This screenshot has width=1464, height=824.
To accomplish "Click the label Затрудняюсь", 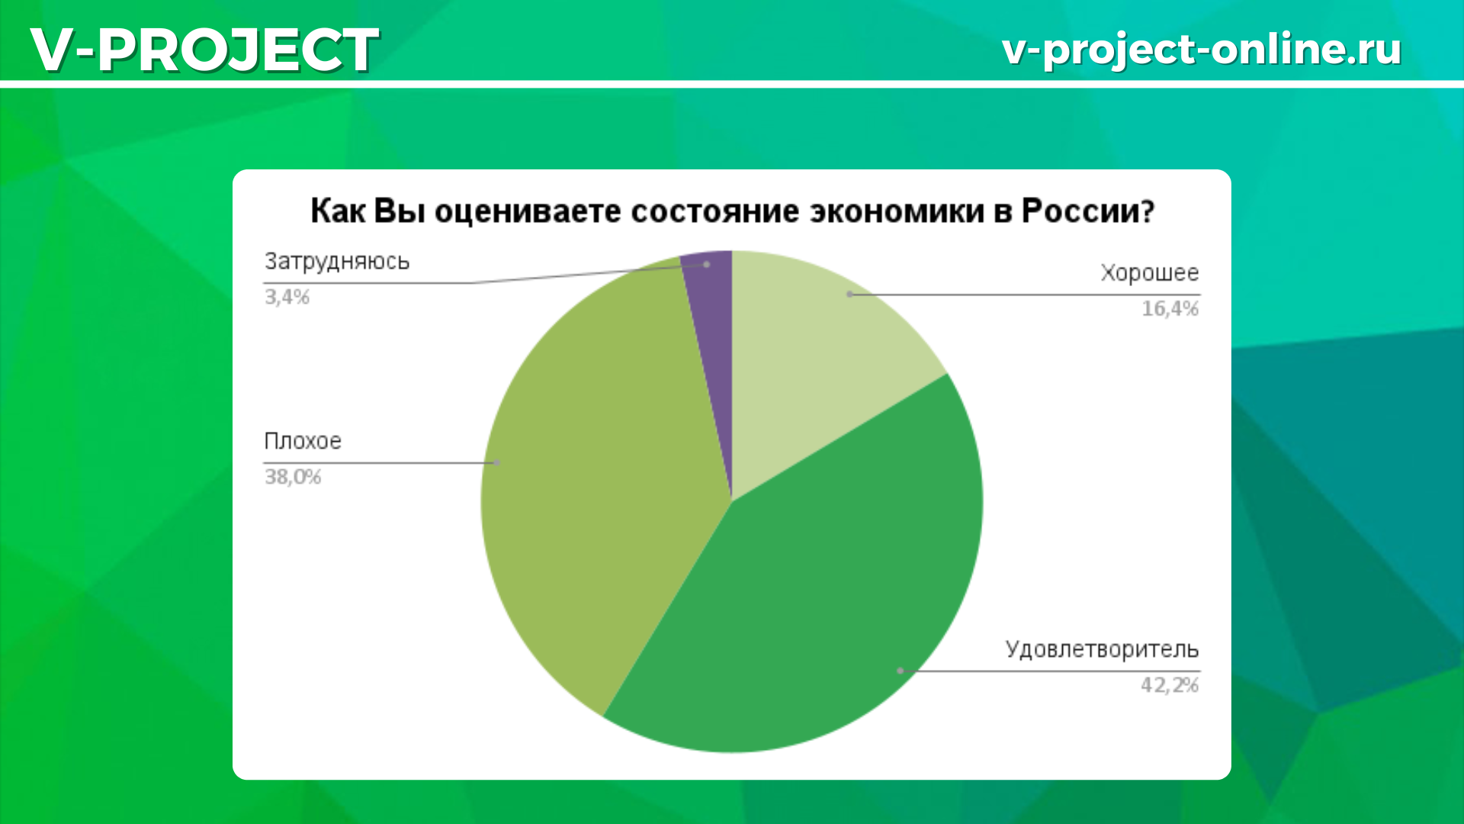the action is [337, 262].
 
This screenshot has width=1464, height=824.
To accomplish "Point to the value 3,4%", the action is [287, 297].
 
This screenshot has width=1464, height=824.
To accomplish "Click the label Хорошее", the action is [1149, 273].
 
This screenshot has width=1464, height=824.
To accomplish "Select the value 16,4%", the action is [1170, 308].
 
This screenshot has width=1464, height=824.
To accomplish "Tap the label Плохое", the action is [303, 441].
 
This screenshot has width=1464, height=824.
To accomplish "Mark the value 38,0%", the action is [293, 477].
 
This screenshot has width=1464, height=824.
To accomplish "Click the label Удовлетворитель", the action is [1102, 650].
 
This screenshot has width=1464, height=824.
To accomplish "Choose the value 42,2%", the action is [1170, 685].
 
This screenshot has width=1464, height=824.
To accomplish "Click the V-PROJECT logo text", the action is [204, 50].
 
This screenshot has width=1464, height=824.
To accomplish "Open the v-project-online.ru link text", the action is [1202, 50].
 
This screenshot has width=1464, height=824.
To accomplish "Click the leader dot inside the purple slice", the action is [707, 265].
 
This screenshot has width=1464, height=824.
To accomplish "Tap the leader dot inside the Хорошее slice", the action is [849, 294].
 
